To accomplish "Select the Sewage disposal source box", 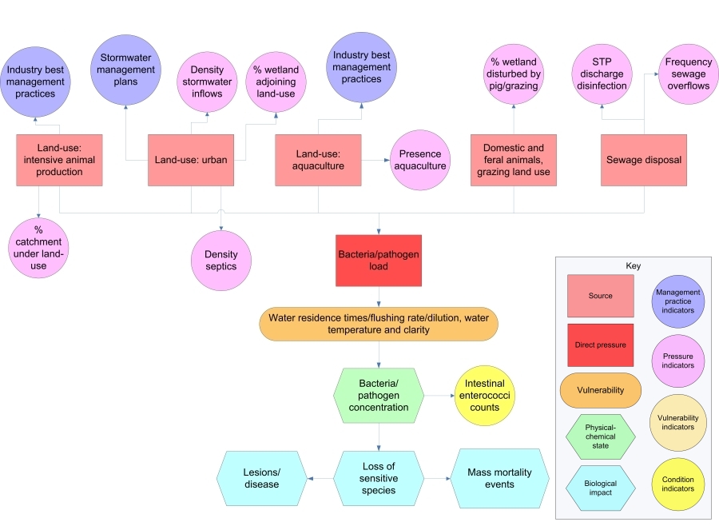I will click(x=644, y=160).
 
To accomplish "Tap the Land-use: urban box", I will click(x=191, y=160).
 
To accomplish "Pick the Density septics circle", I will click(x=220, y=260).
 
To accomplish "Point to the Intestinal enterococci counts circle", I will click(x=485, y=395).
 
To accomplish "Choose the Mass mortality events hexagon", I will click(x=500, y=478).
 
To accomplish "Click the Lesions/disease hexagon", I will click(x=261, y=478).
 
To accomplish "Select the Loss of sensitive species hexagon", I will click(x=379, y=478).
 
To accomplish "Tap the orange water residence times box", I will click(x=379, y=323).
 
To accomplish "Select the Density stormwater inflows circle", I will click(x=207, y=82).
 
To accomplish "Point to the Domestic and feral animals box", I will click(x=513, y=160).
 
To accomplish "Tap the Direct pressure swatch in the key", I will click(x=601, y=345).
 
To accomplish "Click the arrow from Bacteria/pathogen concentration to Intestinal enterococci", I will click(x=438, y=395).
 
